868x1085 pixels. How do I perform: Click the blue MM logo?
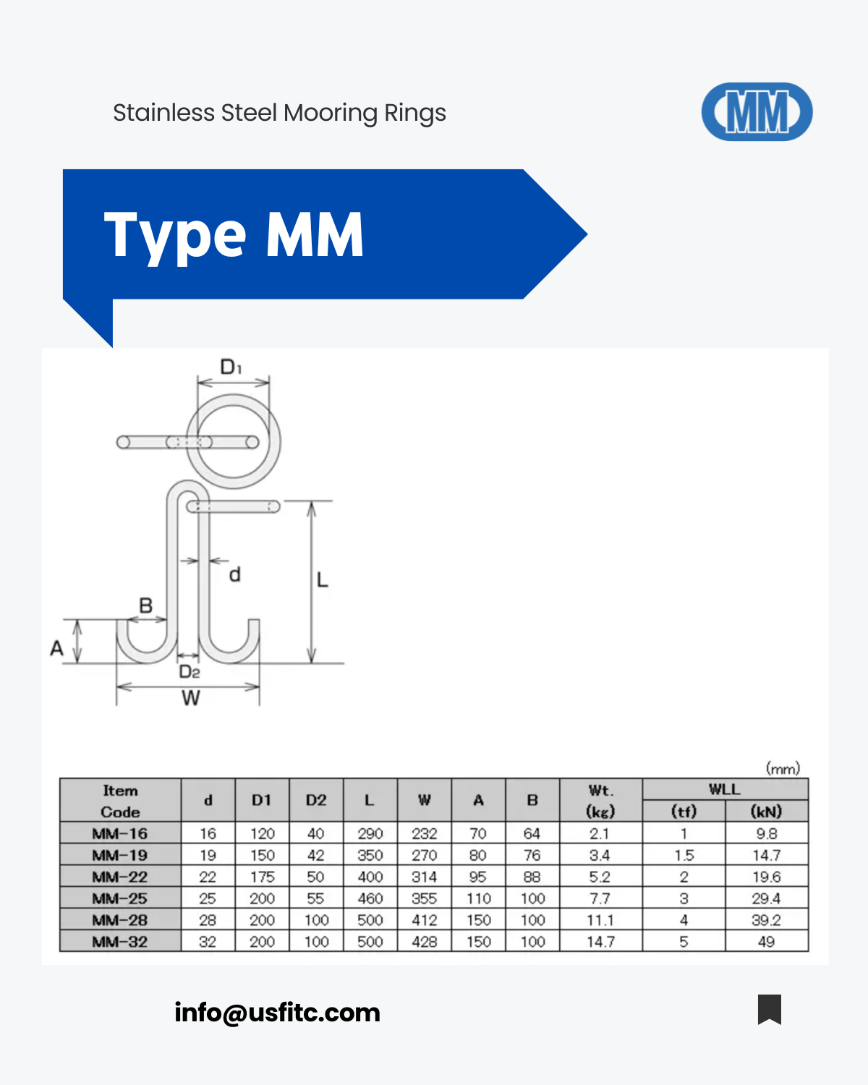(x=757, y=111)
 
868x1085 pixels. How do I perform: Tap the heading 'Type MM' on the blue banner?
(x=234, y=235)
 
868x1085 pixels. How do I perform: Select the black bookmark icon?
(x=769, y=1009)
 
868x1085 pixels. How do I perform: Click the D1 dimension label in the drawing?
(x=231, y=367)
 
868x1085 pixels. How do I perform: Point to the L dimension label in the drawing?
(x=323, y=580)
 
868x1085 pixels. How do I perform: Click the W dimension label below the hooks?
(x=191, y=698)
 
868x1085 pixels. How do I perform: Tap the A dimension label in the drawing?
(x=56, y=648)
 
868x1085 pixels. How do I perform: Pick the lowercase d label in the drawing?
(x=234, y=574)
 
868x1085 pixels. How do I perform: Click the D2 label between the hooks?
(x=189, y=671)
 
